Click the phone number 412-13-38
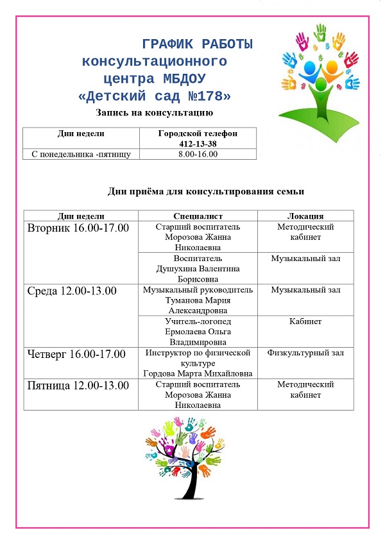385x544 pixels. coord(198,144)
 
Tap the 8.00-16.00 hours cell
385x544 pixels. coord(198,154)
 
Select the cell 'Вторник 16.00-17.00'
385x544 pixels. coord(78,228)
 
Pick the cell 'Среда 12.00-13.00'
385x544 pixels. coord(72,291)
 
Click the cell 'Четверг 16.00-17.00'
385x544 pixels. coord(76,353)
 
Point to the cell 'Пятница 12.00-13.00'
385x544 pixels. coord(78,385)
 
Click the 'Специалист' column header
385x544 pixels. coord(198,216)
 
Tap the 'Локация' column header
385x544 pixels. coord(305,216)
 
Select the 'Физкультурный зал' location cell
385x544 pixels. coord(305,353)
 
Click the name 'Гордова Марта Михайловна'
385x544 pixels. coord(198,373)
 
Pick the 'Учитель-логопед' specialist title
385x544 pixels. coord(198,321)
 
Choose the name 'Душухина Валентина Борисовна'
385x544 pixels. coord(198,269)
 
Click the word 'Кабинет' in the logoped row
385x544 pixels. coord(305,321)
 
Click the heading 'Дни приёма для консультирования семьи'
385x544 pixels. coord(205,191)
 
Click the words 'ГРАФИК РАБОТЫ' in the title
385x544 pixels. coord(197,44)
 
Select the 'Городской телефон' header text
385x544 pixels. coord(198,133)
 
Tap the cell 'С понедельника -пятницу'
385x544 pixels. coord(81,154)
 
